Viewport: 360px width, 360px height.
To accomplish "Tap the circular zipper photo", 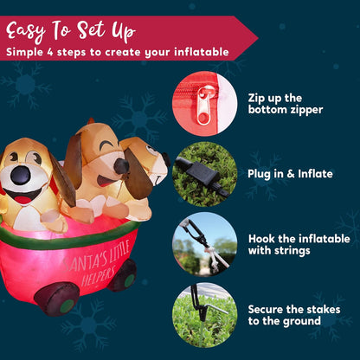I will [x=204, y=104].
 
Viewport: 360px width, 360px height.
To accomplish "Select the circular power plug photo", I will [x=204, y=172].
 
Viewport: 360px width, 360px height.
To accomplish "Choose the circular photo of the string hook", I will [x=204, y=243].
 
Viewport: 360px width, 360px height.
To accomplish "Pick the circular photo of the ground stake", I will [x=204, y=314].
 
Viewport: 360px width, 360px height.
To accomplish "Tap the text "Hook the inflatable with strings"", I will [x=299, y=244].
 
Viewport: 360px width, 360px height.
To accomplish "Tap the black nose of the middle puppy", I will [x=122, y=165].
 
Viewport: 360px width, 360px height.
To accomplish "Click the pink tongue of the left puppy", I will [x=24, y=198].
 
